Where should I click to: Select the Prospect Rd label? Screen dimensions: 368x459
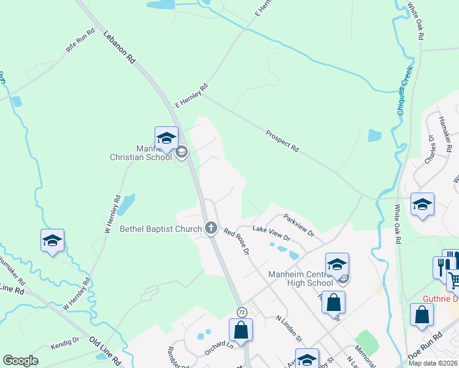282,140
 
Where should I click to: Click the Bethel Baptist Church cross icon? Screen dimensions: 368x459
211,229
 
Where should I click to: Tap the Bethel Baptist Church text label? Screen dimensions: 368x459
161,229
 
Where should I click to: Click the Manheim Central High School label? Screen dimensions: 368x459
301,278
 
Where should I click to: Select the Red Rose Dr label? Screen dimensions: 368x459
236,241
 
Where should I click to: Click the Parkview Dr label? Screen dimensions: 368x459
299,225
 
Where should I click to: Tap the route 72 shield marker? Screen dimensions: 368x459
242,312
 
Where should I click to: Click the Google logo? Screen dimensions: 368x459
20,361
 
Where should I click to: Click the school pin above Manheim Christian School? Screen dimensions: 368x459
166,139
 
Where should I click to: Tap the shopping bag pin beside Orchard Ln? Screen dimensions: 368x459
241,329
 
